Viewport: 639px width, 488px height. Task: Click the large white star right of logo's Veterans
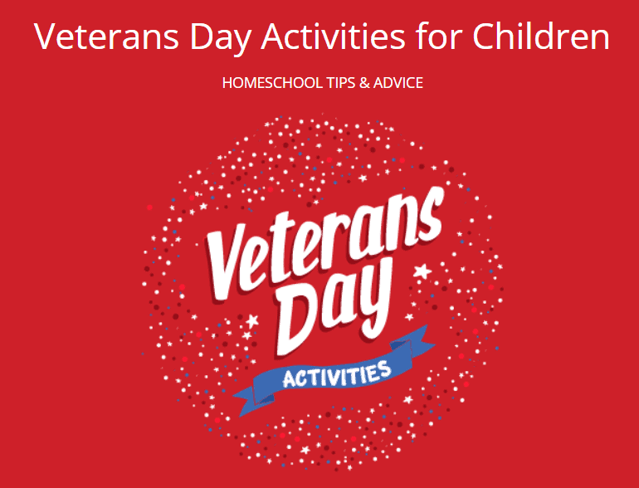pyautogui.click(x=422, y=271)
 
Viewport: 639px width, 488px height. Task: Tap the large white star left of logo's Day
pyautogui.click(x=252, y=320)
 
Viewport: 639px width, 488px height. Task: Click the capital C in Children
pyautogui.click(x=488, y=37)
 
